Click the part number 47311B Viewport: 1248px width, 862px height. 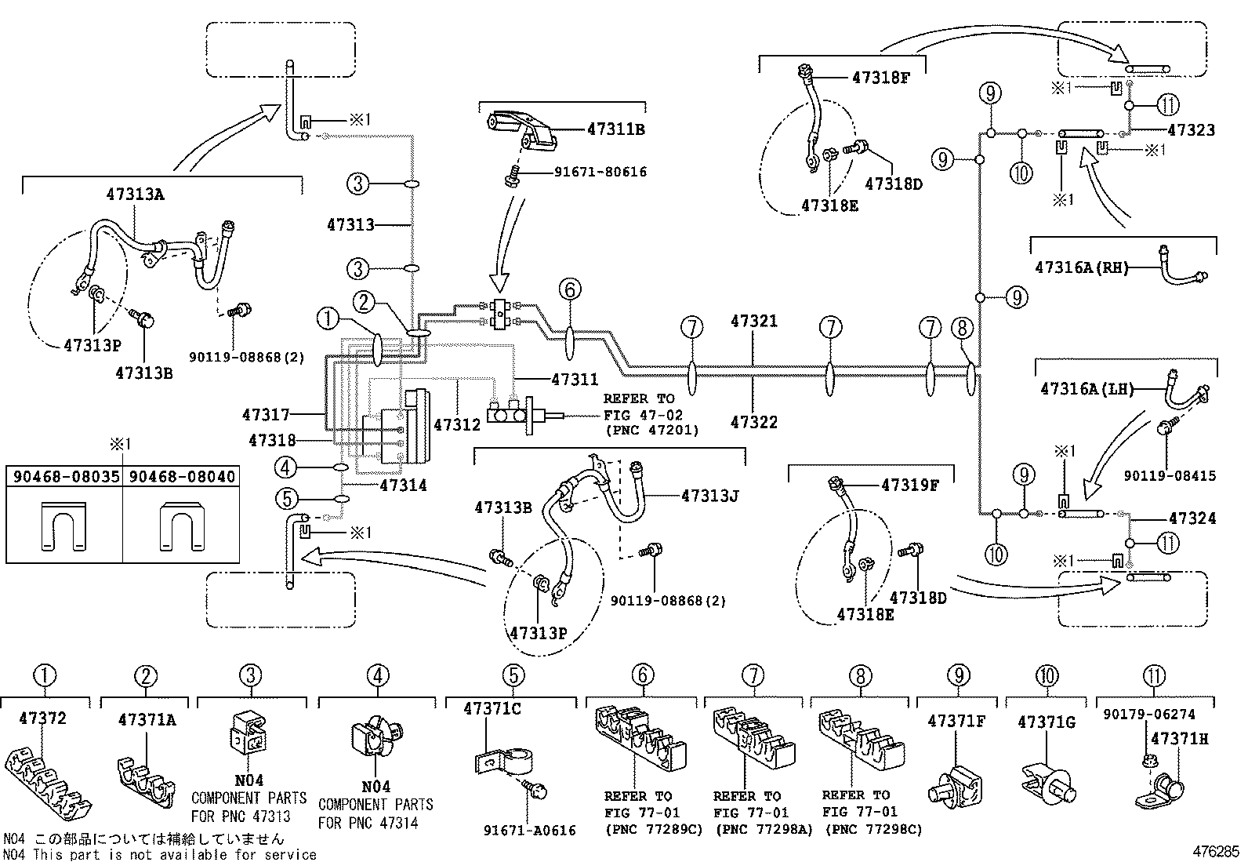[615, 129]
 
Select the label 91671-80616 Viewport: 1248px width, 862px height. [600, 172]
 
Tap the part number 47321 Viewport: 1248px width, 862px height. [754, 321]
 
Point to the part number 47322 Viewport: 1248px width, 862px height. [754, 422]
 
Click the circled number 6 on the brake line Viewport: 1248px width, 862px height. [569, 289]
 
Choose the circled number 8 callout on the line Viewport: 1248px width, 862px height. [962, 328]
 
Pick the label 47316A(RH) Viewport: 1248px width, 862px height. [1081, 267]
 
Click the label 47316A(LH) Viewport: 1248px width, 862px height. [1087, 388]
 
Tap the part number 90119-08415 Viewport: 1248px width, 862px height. [1170, 475]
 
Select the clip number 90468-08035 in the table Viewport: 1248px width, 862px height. [67, 477]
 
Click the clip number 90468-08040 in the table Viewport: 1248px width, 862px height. [182, 477]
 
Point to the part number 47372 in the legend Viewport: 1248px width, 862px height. [42, 718]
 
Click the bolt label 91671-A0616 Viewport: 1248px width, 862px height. [529, 830]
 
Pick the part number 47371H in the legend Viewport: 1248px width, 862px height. [1180, 739]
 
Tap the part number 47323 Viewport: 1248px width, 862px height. [1192, 130]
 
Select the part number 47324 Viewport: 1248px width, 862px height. [1192, 518]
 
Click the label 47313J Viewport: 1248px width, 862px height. [709, 496]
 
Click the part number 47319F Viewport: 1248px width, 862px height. [910, 485]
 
